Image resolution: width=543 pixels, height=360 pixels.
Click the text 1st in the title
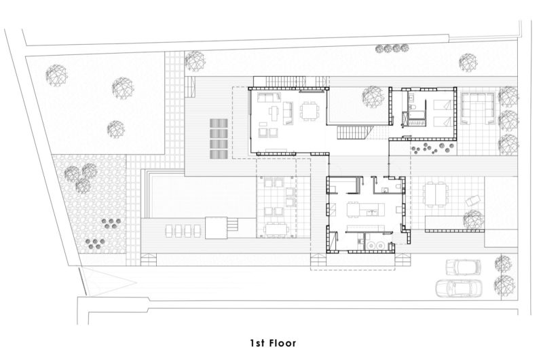coord(257,343)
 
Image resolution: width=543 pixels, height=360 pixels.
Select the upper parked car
coord(464,267)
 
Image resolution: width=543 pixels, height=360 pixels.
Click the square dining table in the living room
coord(308,111)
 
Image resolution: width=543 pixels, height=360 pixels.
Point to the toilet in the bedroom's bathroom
coord(413,108)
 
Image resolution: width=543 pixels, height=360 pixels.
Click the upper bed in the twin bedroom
coord(442,105)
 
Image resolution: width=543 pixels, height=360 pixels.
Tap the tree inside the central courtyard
coord(373,96)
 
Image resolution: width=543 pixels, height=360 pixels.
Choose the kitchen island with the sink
coord(371,210)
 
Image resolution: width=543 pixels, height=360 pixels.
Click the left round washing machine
coord(371,245)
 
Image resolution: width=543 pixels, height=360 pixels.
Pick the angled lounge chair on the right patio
coord(472,200)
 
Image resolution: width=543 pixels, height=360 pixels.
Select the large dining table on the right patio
coord(435,195)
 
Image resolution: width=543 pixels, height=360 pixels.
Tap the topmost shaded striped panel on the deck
coord(219,124)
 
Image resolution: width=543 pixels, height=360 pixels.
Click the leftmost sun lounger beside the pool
coord(169,231)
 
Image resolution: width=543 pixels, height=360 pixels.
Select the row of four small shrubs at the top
coord(392,48)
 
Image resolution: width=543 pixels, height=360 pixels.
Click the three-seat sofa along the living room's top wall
coord(269,97)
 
